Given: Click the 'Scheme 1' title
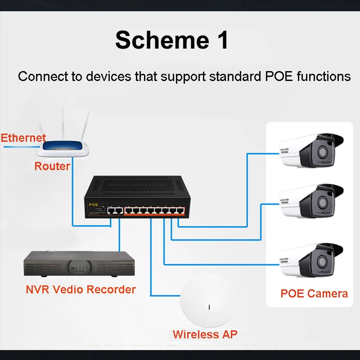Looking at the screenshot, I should coord(171,40).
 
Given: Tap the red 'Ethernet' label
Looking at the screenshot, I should coord(23,138).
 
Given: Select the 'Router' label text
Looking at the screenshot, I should coord(52,166).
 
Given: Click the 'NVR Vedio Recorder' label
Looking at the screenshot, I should coord(81,289).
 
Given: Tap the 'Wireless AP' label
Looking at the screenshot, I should coord(205,334).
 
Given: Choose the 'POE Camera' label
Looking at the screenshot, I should coord(314,294).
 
